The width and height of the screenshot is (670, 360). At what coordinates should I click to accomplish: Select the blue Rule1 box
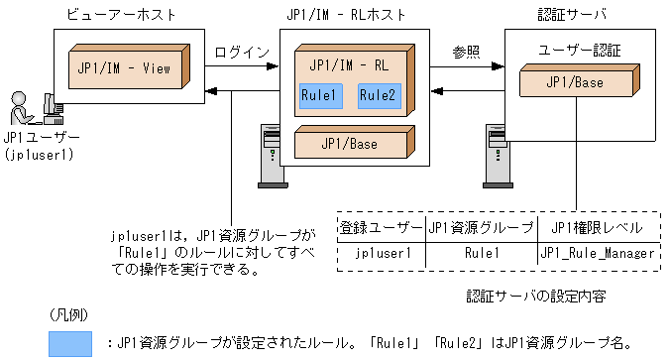[321, 96]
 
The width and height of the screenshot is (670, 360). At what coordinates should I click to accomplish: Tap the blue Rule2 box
[379, 96]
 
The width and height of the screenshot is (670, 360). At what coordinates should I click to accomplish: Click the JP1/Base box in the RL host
[349, 144]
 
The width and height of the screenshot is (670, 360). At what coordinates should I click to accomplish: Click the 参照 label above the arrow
[465, 50]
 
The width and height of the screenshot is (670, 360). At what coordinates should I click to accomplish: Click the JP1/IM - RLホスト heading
[349, 14]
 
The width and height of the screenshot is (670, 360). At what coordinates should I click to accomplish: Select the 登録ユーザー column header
[381, 227]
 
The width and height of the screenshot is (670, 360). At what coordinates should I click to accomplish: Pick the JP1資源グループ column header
[482, 227]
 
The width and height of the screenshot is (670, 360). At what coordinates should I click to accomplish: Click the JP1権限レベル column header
[599, 227]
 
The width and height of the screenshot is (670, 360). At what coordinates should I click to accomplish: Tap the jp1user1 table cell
[381, 254]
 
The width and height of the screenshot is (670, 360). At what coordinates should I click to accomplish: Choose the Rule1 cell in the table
[482, 254]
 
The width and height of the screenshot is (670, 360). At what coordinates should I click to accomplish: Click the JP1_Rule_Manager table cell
[599, 254]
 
